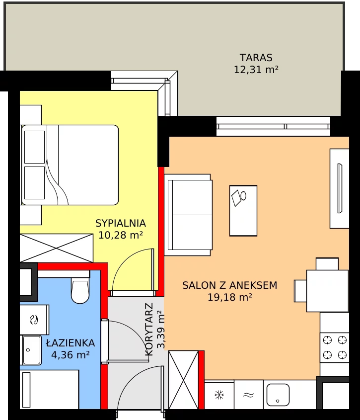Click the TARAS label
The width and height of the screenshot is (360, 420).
(x=256, y=58)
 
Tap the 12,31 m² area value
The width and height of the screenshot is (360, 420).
(x=256, y=70)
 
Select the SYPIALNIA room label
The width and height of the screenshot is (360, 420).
(x=121, y=223)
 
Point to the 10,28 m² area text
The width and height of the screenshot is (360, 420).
(x=121, y=235)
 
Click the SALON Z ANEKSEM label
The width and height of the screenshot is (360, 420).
(x=229, y=285)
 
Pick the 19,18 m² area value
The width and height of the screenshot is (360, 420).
(x=230, y=297)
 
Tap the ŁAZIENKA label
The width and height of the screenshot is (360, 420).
(x=71, y=343)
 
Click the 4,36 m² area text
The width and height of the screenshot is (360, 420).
(x=71, y=355)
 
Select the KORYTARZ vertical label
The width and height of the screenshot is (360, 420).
(x=149, y=330)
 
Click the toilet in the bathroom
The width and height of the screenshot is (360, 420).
(x=80, y=291)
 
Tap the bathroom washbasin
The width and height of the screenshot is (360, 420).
(x=32, y=350)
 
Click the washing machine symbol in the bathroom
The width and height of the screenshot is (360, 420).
(x=34, y=320)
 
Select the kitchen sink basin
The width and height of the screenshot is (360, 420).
(x=278, y=395)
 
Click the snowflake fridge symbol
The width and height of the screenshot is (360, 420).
(x=219, y=395)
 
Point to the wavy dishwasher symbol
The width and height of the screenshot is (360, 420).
(x=248, y=395)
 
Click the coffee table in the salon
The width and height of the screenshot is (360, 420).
(x=243, y=211)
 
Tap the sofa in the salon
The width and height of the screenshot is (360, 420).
(x=188, y=215)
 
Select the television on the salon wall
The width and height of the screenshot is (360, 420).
(x=340, y=188)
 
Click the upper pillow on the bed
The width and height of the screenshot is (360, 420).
(x=35, y=147)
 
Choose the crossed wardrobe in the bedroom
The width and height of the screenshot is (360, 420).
(x=56, y=248)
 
